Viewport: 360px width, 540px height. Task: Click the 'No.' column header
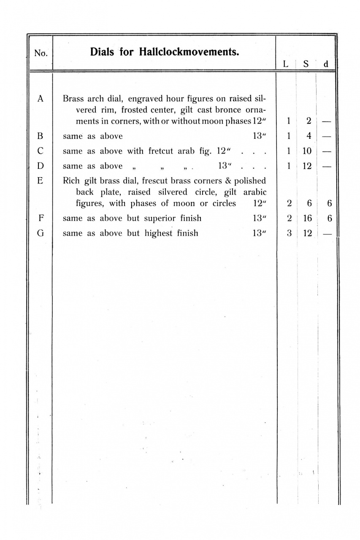[x=41, y=54]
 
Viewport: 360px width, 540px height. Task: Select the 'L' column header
[x=286, y=65]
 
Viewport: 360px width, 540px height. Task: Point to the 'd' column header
[x=326, y=65]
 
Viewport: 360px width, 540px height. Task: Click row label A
[x=41, y=99]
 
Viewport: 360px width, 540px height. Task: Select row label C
[x=41, y=151]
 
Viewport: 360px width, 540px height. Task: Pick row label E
[x=41, y=181]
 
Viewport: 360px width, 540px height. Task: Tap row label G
[x=41, y=233]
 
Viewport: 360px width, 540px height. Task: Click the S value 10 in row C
[x=307, y=151]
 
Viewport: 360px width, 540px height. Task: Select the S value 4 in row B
[x=309, y=136]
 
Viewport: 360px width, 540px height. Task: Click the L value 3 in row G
[x=289, y=233]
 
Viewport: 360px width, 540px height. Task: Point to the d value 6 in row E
[x=329, y=203]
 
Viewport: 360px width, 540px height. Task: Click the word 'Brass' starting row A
[x=72, y=99]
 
